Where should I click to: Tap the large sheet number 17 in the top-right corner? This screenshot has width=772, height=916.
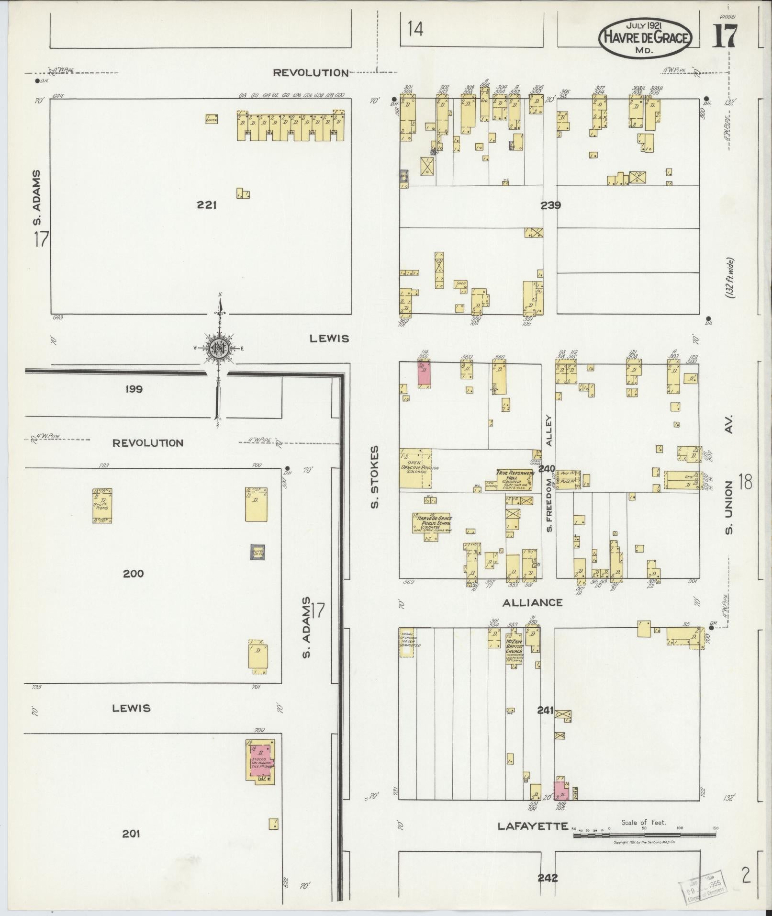[725, 35]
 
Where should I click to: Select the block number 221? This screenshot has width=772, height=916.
[207, 205]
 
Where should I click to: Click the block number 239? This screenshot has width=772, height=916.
[550, 205]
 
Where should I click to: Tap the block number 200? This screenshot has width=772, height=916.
[133, 573]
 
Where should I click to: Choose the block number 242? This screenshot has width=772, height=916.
[548, 878]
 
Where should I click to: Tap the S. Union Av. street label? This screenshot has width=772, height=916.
[729, 480]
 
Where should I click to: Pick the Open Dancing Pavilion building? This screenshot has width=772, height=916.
[415, 468]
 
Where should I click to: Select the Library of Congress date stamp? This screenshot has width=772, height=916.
[703, 881]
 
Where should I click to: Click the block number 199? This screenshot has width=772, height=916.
[134, 389]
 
